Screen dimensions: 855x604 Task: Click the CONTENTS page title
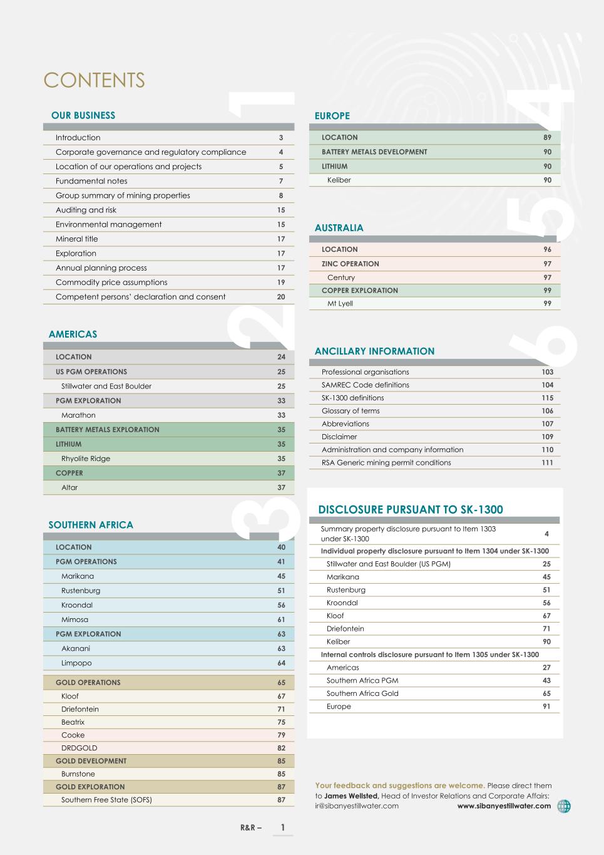(94, 80)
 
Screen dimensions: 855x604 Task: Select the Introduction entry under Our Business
(78, 138)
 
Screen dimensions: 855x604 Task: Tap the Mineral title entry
(76, 239)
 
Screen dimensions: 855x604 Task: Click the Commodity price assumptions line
(111, 282)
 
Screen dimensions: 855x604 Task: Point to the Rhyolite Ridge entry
(86, 459)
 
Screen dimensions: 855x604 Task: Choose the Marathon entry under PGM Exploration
(78, 415)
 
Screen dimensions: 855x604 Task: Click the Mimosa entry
(74, 619)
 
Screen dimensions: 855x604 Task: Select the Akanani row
(76, 648)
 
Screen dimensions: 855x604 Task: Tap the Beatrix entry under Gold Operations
(73, 722)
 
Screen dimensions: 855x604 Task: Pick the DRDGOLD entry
(79, 748)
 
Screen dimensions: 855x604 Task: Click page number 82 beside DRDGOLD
(281, 748)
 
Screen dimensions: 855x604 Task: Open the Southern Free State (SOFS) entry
(106, 800)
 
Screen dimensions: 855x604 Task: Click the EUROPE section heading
(332, 116)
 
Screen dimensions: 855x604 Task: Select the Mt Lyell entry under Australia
(340, 304)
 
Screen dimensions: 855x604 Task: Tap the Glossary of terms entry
(351, 411)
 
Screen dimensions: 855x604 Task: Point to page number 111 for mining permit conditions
(547, 463)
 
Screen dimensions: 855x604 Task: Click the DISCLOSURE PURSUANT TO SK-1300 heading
(411, 510)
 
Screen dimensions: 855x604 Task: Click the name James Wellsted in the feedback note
(351, 796)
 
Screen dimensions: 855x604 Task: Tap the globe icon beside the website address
(564, 806)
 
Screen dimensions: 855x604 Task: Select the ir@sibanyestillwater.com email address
(357, 806)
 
